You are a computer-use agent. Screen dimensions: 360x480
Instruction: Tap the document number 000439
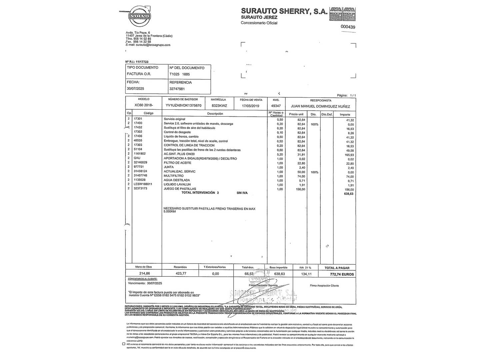point(348,27)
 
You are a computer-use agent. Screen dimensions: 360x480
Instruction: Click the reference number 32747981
point(177,89)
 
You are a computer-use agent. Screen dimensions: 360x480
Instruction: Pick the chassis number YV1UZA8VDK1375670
point(183,106)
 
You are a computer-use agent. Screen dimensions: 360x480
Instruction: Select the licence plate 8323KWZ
point(219,106)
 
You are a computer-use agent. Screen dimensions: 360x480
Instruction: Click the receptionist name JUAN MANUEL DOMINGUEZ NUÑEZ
point(321,106)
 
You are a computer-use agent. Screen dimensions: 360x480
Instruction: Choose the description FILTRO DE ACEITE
point(177,163)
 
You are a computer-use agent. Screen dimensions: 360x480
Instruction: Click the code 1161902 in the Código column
point(140,154)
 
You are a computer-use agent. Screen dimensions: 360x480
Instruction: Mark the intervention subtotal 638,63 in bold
point(348,194)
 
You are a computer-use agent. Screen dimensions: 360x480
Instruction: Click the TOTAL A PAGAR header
point(337,268)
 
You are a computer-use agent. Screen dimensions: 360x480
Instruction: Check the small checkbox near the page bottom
point(124,344)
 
